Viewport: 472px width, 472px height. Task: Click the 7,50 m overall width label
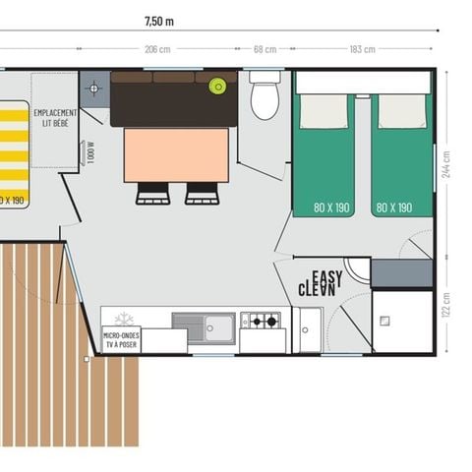[158, 20]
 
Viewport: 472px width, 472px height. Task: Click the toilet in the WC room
[265, 96]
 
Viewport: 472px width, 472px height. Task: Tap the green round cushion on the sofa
[217, 87]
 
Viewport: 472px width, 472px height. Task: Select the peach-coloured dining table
[176, 155]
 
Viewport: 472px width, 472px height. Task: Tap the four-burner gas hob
[261, 321]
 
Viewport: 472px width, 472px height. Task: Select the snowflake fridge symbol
[124, 319]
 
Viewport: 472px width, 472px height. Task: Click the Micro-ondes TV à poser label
[122, 340]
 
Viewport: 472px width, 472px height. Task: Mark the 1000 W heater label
[90, 152]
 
